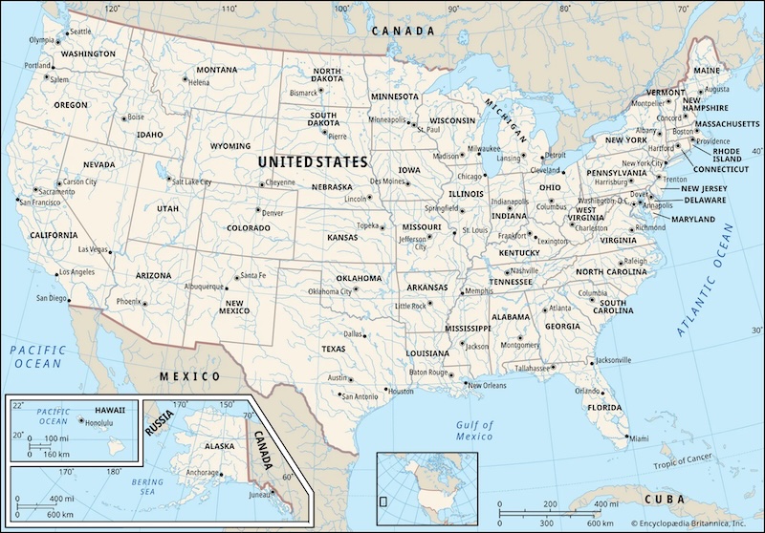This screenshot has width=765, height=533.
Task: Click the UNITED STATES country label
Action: coord(313,162)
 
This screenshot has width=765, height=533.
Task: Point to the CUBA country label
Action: coord(665,500)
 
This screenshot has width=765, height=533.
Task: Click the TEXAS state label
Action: coord(334,350)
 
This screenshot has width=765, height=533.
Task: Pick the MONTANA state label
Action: coord(217,70)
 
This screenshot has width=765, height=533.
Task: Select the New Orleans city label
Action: coord(487,385)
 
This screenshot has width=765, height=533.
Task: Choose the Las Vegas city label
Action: coord(93,250)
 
